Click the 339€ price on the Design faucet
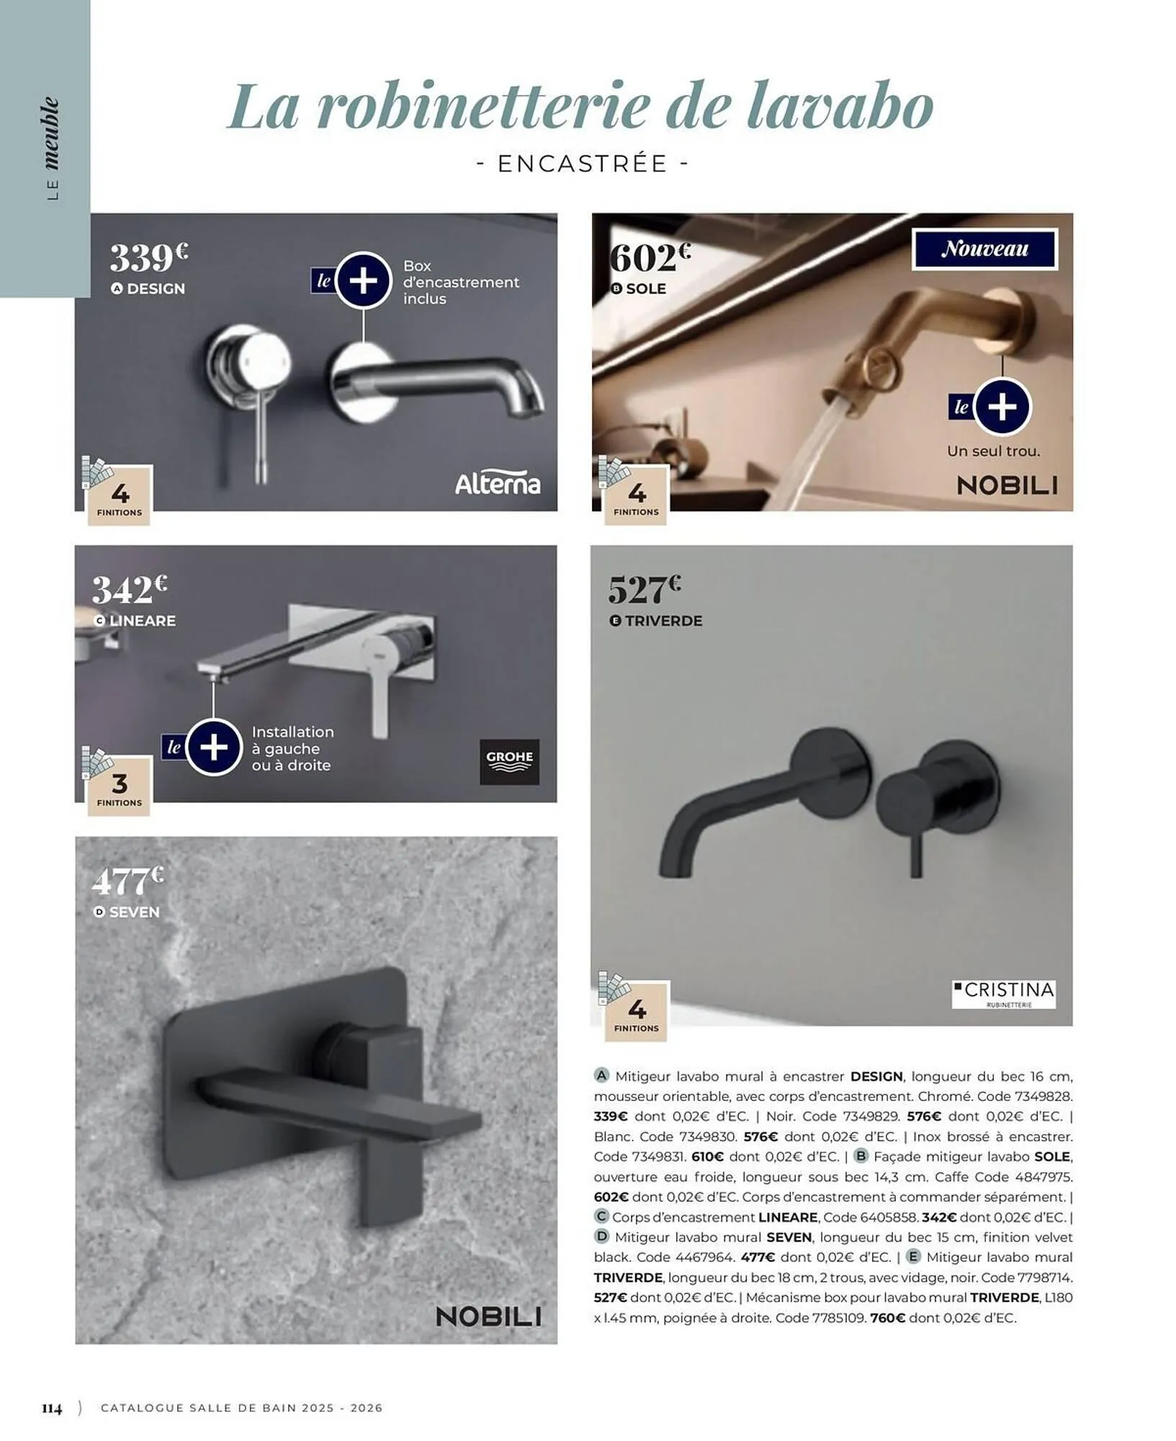(x=149, y=258)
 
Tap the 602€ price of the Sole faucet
(x=650, y=258)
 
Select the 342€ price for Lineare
(x=130, y=589)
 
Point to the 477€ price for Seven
(x=128, y=880)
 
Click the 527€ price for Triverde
(x=645, y=589)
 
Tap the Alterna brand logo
(x=498, y=483)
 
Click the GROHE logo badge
(x=510, y=762)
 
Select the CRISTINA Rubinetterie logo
(x=1004, y=994)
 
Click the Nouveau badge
(x=985, y=249)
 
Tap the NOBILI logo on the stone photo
(x=489, y=1317)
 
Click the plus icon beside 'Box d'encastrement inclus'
(x=363, y=280)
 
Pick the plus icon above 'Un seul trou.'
(x=1002, y=407)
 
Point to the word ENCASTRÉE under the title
(x=583, y=164)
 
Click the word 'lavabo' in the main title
(x=840, y=107)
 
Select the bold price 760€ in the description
(x=888, y=1318)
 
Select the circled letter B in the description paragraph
(x=861, y=1156)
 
